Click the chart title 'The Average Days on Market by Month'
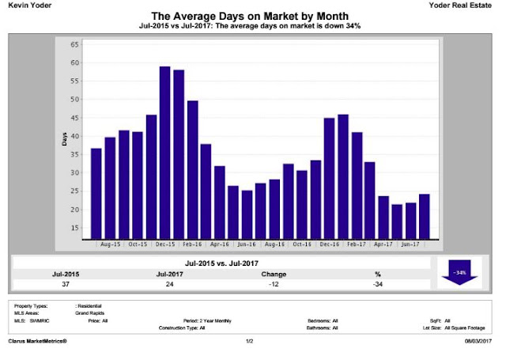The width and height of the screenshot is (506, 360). point(253,16)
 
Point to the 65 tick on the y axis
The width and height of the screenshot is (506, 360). point(74,44)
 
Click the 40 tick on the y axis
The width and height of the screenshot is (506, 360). point(74,136)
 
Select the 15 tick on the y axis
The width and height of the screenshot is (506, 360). point(74,228)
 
